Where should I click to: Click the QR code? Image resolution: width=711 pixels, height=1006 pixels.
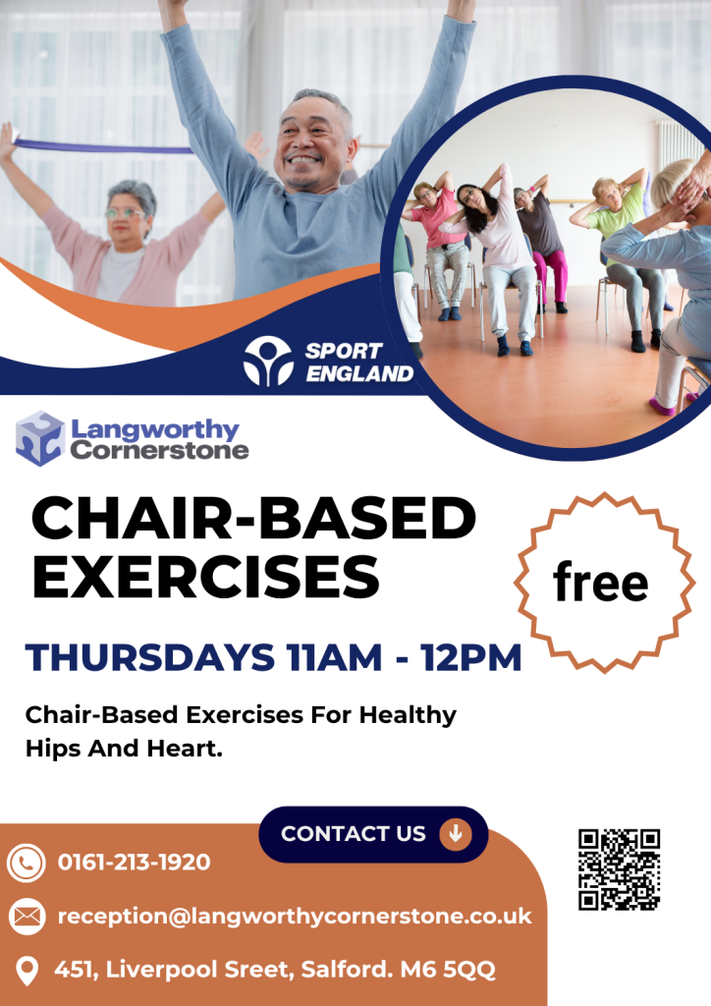[619, 869]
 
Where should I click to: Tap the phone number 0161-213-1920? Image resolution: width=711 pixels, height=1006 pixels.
[134, 862]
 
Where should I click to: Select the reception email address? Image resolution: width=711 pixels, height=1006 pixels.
[295, 917]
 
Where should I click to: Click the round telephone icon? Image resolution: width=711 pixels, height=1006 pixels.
[27, 863]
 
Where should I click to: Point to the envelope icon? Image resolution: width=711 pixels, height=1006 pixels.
[27, 917]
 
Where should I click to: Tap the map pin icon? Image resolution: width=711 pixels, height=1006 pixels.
[27, 971]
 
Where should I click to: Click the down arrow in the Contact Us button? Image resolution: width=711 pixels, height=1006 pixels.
[456, 833]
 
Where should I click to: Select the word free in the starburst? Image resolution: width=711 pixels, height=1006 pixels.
[601, 582]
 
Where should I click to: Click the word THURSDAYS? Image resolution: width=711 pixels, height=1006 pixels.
[150, 657]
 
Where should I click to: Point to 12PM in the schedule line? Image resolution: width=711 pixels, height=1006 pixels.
[471, 657]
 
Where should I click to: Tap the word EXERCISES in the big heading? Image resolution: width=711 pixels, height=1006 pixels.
[206, 576]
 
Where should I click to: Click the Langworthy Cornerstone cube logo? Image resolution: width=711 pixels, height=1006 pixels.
[40, 438]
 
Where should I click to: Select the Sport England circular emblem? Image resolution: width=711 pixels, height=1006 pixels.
[268, 361]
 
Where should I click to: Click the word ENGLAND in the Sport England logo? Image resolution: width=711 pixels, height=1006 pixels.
[359, 373]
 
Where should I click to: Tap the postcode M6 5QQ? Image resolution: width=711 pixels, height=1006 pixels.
[448, 970]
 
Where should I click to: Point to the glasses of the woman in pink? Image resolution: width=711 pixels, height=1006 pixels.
[124, 213]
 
